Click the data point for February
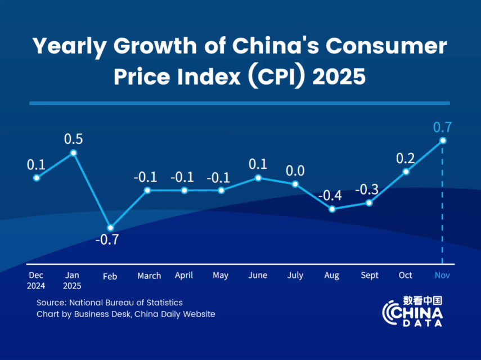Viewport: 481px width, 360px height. tap(110, 228)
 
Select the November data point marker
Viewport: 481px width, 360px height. tap(443, 140)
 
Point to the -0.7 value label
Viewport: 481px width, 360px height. tap(107, 240)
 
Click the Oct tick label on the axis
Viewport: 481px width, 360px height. tap(406, 275)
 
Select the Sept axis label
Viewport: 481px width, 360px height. tap(370, 276)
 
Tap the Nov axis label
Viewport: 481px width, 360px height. tap(442, 275)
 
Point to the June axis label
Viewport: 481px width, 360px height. tap(258, 275)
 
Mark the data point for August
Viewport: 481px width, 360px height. tap(332, 209)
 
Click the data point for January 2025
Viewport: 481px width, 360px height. tap(74, 152)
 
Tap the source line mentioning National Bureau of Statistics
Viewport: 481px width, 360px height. tap(110, 303)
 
